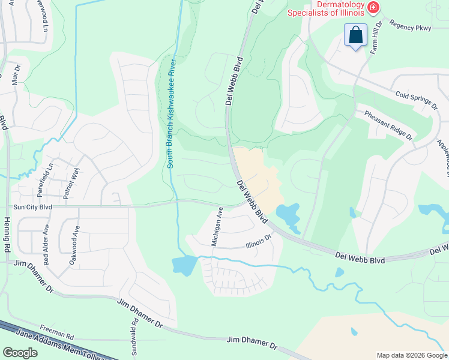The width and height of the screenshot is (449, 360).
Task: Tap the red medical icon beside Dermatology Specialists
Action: [x=373, y=7]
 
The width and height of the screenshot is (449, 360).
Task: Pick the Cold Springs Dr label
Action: [x=417, y=100]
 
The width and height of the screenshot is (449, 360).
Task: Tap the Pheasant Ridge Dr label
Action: [x=389, y=124]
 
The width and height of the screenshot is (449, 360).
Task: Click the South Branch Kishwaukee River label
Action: [x=170, y=113]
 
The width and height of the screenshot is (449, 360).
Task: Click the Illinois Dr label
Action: [x=259, y=241]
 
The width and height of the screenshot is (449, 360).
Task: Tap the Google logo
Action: [x=20, y=352]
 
